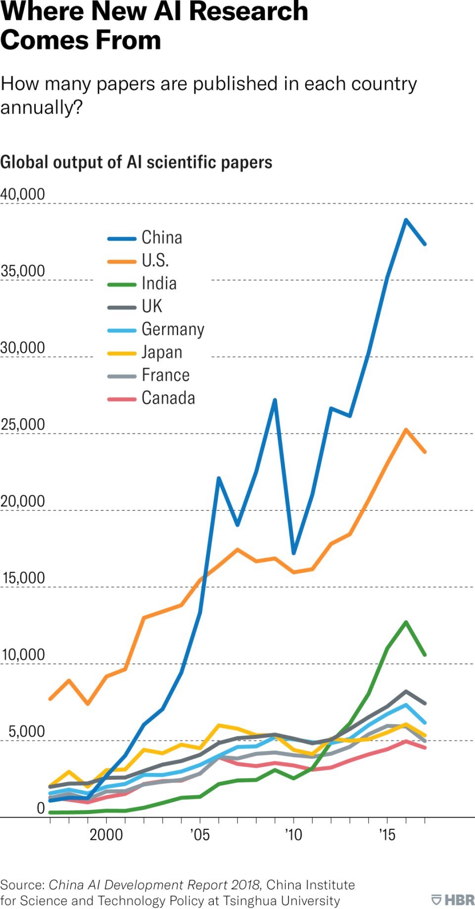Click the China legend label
(x=162, y=238)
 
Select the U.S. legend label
(x=155, y=260)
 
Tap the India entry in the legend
(x=159, y=283)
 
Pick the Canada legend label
(x=168, y=398)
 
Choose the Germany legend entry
(x=173, y=330)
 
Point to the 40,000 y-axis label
(x=23, y=194)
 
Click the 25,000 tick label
(x=23, y=425)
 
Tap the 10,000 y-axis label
(x=23, y=655)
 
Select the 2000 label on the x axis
(x=106, y=835)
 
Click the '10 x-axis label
(x=293, y=835)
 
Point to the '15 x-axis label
(x=387, y=835)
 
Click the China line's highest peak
(x=406, y=220)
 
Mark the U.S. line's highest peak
(x=406, y=430)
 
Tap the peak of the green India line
(x=406, y=622)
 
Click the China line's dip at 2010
(x=293, y=553)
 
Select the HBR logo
(x=453, y=900)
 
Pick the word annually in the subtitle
(x=41, y=107)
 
